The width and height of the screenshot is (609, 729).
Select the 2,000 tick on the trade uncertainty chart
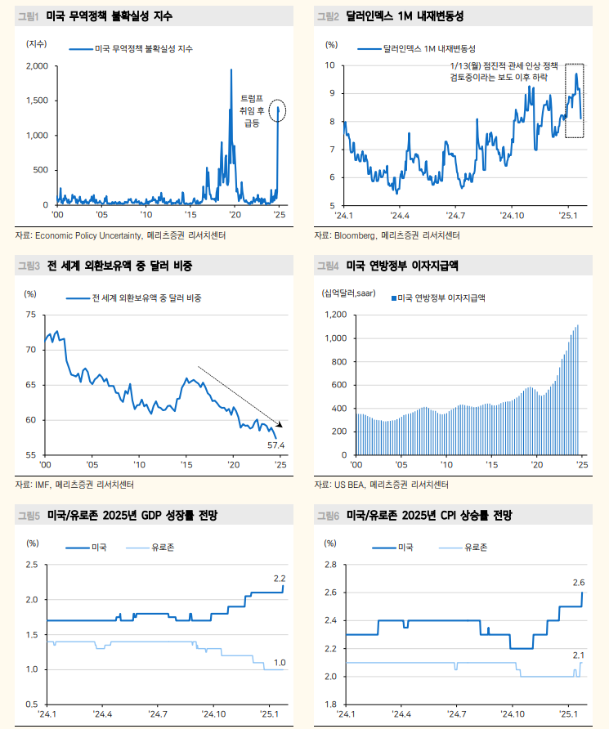38,65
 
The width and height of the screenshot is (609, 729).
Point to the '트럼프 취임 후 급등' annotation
251,110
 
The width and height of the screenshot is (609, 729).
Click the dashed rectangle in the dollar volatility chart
575,100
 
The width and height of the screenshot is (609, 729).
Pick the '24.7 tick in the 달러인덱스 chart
455,216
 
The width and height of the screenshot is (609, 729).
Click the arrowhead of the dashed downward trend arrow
280,424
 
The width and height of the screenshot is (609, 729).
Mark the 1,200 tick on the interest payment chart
337,315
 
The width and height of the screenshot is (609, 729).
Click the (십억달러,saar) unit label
348,293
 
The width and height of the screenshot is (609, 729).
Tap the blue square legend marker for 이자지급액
393,298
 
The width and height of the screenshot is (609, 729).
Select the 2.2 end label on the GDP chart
279,578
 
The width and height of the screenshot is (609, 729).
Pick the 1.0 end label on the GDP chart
279,662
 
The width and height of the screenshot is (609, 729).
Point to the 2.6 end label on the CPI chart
578,582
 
